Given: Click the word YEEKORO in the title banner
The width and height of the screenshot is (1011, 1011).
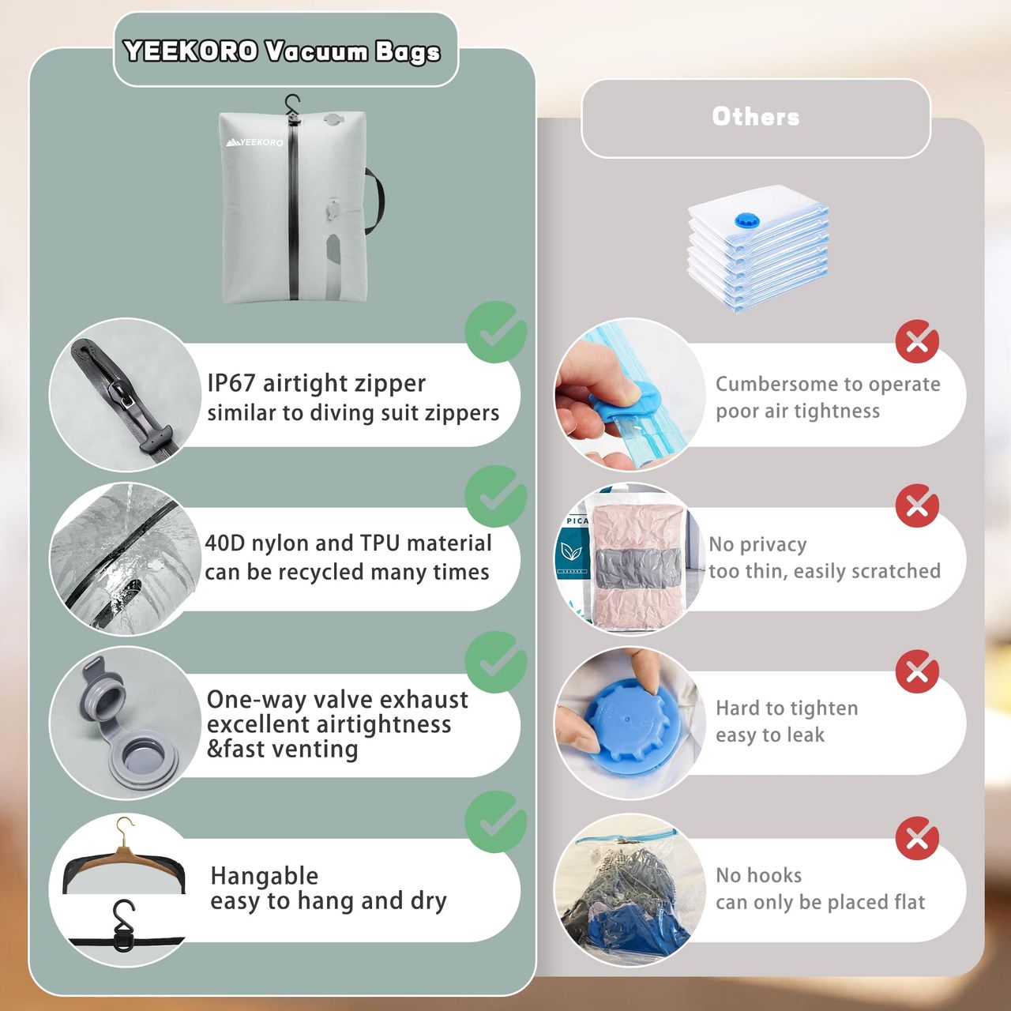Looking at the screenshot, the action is [191, 51].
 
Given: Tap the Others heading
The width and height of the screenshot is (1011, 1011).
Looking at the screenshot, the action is [756, 116].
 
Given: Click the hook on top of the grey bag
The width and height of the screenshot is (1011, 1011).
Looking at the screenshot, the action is [292, 107].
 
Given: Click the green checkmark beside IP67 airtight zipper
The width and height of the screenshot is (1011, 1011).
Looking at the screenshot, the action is [496, 332].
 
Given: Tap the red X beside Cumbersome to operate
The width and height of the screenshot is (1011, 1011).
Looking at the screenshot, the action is [917, 341].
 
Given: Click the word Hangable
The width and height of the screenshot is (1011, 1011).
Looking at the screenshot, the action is [265, 876].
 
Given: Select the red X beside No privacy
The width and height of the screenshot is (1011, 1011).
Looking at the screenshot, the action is [917, 505].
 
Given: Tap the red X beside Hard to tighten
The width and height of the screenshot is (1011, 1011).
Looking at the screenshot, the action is [917, 671].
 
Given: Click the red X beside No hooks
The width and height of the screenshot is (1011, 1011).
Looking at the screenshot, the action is [917, 838].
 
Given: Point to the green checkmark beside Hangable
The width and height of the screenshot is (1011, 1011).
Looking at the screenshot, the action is [496, 822].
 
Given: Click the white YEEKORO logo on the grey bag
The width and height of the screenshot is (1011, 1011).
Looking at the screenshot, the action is [255, 142].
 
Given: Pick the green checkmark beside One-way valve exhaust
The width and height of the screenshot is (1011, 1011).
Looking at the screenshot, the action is [496, 662].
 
